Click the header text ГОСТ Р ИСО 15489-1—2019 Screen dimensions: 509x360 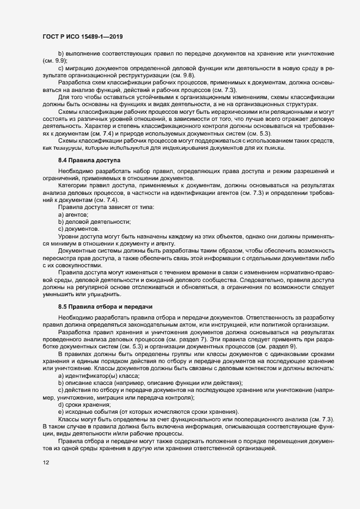coord(82,36)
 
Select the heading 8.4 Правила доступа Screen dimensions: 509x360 coord(85,161)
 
